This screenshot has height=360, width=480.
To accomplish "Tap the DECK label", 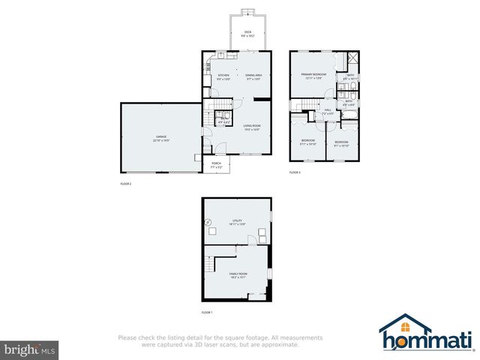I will (247, 33).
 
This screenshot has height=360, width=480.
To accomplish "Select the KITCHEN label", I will (223, 76).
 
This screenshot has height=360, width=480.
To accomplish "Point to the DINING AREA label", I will (253, 76).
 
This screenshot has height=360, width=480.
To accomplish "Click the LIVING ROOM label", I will (252, 127).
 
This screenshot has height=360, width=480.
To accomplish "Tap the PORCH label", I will (216, 163).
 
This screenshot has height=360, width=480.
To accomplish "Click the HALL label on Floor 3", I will (328, 110).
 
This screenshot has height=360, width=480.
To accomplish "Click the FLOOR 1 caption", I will (207, 312).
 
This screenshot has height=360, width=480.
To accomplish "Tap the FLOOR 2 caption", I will (126, 183).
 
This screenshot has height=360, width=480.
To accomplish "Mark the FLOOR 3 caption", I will (295, 172).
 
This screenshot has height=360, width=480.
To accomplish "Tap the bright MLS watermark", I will (30, 349).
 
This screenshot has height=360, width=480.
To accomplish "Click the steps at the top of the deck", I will (247, 12).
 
